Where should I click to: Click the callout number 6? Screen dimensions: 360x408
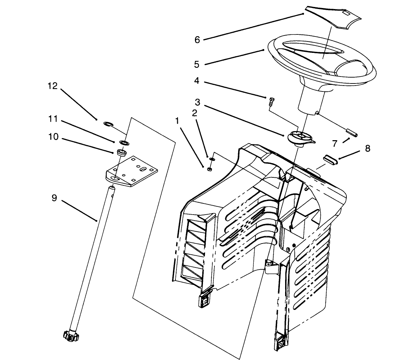[x=197, y=40]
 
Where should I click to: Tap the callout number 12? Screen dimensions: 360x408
[x=53, y=86]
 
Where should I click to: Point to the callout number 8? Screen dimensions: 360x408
[x=368, y=149]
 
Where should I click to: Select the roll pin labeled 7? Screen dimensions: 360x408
[x=351, y=133]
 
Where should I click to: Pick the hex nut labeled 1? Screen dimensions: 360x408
[x=210, y=169]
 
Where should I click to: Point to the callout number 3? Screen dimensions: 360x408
[x=197, y=102]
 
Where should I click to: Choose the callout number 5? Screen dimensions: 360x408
[x=197, y=64]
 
